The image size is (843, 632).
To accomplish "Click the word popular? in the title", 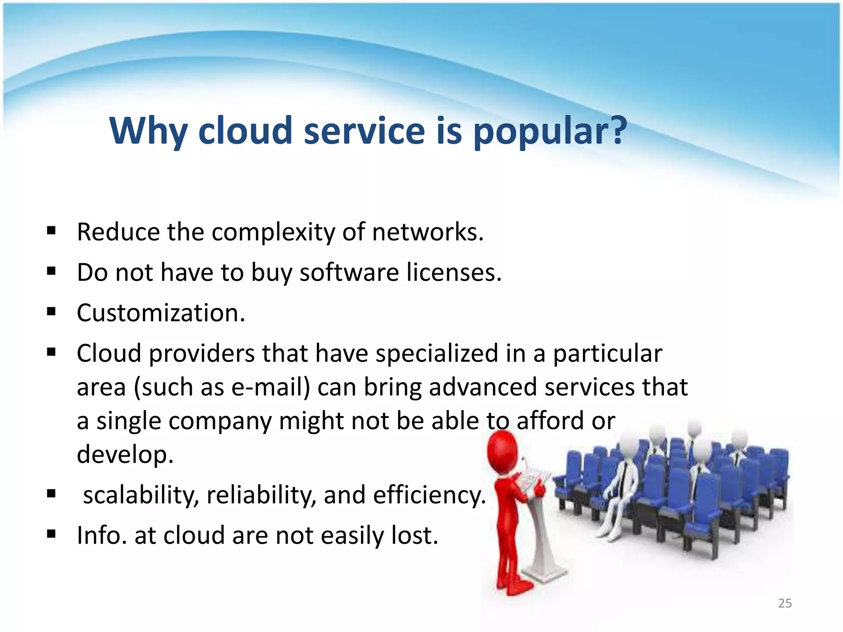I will click(550, 132).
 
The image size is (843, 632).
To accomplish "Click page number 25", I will click(785, 603).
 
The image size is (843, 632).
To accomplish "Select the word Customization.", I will click(161, 313).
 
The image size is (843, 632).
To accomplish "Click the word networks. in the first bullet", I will click(428, 232).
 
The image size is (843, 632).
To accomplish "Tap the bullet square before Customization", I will click(51, 312).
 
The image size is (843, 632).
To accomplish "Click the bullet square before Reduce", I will click(51, 231).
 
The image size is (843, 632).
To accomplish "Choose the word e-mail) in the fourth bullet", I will click(270, 388).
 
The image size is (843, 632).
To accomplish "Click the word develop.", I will click(125, 455).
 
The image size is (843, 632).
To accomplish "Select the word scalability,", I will click(141, 495).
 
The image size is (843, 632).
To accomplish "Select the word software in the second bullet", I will click(349, 273).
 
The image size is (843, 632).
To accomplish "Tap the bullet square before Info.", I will click(51, 534).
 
